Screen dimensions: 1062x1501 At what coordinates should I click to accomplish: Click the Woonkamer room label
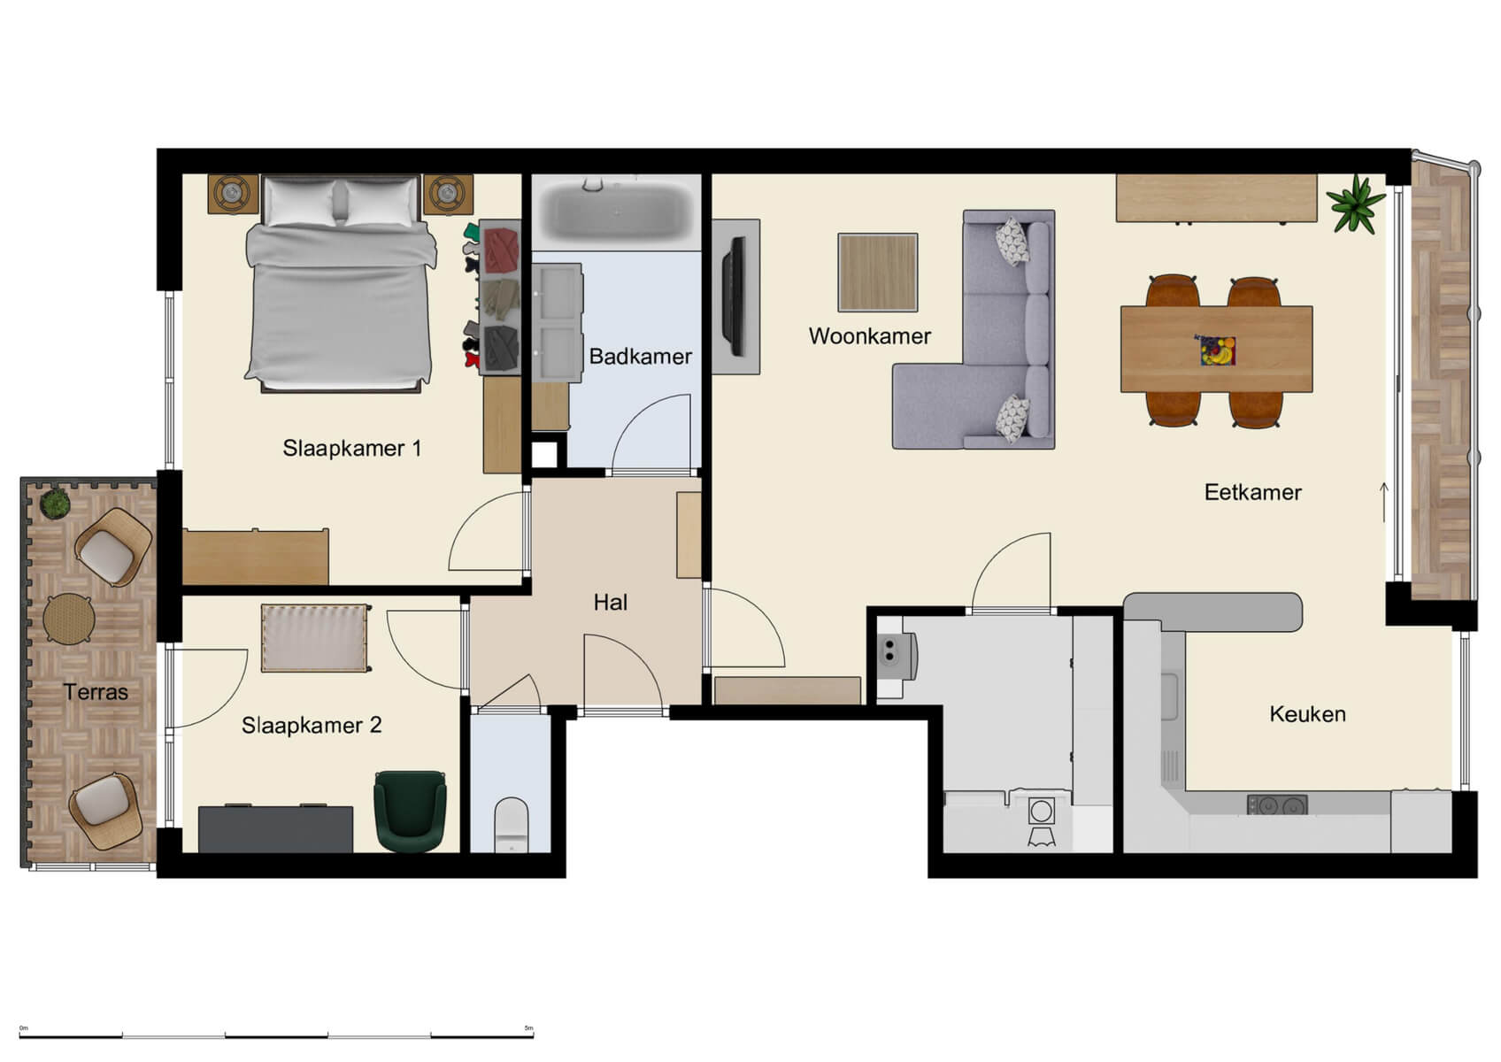click(x=869, y=336)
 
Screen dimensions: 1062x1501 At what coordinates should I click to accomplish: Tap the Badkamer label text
click(x=640, y=357)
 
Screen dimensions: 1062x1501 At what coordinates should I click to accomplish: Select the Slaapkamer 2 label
click(x=312, y=726)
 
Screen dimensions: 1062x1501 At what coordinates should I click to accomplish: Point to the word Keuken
click(x=1307, y=714)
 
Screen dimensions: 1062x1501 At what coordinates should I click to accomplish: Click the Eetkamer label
click(x=1252, y=492)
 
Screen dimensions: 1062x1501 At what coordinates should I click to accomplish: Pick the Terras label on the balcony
click(x=96, y=692)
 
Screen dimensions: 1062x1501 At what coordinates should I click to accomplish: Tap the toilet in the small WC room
click(x=512, y=823)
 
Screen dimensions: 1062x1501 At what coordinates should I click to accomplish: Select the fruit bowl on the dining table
click(x=1217, y=350)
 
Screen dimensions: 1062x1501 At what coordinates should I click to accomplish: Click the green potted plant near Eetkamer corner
click(x=1355, y=204)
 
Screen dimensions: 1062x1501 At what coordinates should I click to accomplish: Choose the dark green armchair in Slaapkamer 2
click(x=410, y=810)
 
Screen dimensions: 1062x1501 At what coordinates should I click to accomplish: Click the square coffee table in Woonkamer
click(x=877, y=272)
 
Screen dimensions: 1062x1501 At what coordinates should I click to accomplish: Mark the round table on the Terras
click(x=69, y=618)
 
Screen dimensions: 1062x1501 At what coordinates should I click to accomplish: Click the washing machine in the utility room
click(x=1042, y=812)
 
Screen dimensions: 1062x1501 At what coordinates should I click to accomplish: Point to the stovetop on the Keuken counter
click(x=1276, y=805)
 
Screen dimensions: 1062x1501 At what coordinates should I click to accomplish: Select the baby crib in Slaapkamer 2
click(x=315, y=638)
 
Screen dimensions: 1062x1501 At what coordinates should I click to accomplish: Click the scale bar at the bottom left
click(x=276, y=1035)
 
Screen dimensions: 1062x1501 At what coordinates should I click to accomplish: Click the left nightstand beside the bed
click(x=234, y=194)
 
